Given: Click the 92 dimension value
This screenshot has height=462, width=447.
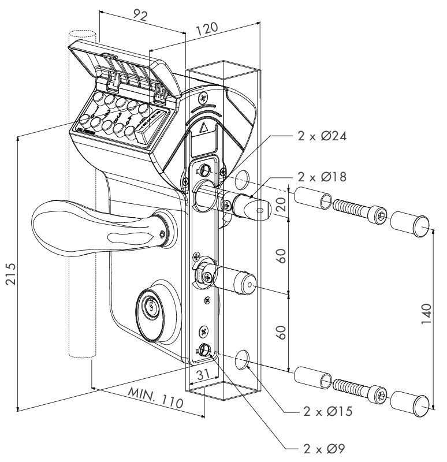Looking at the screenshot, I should tap(140, 16).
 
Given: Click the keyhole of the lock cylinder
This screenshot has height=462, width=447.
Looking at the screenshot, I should tap(150, 307).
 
